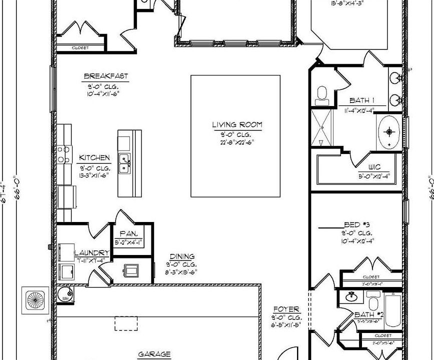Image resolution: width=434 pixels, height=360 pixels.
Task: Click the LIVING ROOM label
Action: pos(236,125)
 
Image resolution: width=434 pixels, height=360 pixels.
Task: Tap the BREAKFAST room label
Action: pos(105,76)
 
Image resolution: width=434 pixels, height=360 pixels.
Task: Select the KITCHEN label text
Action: pos(94,158)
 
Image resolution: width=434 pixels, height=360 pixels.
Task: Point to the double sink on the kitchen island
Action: pos(124,163)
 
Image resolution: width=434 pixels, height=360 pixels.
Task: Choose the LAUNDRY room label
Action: pos(91,253)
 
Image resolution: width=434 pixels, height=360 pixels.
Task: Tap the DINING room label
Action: pos(182,256)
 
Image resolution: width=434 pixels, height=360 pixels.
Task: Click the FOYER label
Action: pos(286,309)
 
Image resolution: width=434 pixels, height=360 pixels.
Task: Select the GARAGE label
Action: pos(154,354)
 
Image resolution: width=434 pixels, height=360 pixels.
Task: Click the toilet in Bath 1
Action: pos(322,94)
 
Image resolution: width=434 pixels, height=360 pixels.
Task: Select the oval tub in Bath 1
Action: pos(389,131)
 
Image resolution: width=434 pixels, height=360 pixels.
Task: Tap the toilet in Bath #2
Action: pos(372,302)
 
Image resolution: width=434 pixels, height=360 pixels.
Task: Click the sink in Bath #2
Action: pos(351,296)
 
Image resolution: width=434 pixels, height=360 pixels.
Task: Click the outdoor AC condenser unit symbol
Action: pos(35,300)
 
